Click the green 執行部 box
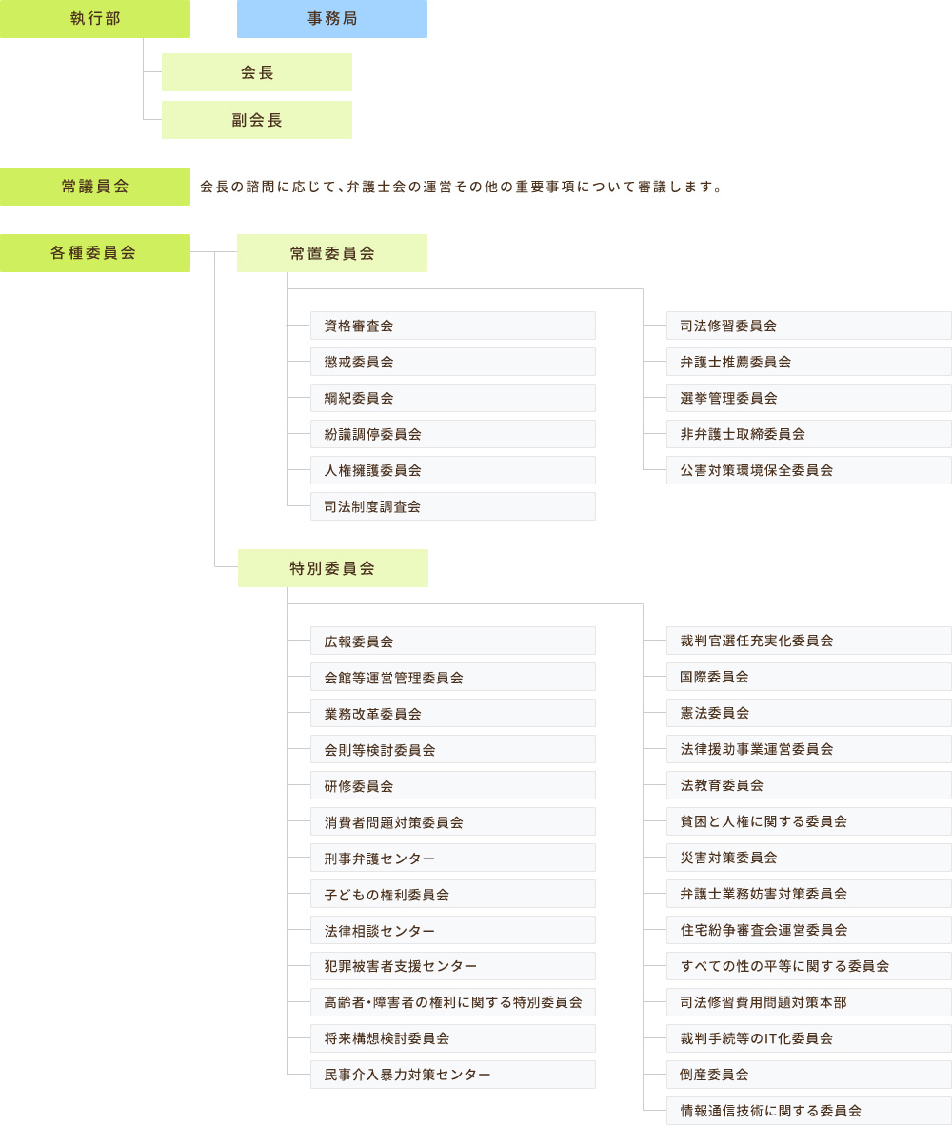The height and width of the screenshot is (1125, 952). click(x=94, y=19)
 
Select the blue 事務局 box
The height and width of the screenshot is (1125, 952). click(x=332, y=19)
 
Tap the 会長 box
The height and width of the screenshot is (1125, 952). click(x=257, y=72)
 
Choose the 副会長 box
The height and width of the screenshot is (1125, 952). click(x=257, y=120)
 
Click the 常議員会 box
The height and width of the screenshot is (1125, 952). click(x=94, y=187)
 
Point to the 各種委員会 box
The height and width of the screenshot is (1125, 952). click(x=94, y=253)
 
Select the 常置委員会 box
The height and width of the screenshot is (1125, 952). click(x=332, y=253)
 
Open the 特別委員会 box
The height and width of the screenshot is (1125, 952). click(x=333, y=568)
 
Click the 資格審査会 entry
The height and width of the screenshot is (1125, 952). click(x=453, y=326)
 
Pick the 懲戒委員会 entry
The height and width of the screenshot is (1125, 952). click(x=453, y=362)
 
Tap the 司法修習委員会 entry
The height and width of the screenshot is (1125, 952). click(x=808, y=326)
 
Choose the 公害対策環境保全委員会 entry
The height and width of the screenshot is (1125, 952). click(x=808, y=470)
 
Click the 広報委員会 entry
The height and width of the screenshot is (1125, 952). click(x=453, y=641)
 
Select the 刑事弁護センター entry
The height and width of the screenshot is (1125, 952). click(x=453, y=858)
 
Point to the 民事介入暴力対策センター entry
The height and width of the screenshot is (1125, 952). click(x=453, y=1074)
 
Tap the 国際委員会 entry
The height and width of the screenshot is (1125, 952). click(x=808, y=677)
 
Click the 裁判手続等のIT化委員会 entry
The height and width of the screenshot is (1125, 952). click(x=808, y=1038)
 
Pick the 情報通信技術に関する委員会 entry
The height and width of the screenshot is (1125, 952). click(x=808, y=1111)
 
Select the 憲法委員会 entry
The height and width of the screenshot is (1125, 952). click(x=808, y=713)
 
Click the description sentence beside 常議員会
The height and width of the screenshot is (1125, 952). click(x=461, y=187)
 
